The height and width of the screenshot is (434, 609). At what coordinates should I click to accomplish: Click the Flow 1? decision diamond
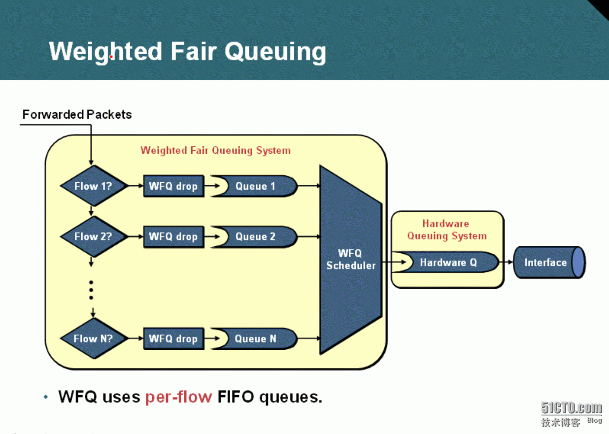tap(94, 186)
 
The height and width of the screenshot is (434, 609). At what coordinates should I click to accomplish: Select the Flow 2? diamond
tap(94, 236)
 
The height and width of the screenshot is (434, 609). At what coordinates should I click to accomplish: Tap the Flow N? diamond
tap(94, 338)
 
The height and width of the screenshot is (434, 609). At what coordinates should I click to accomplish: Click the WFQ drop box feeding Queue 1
tap(174, 186)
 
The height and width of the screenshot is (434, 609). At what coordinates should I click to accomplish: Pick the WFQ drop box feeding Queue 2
tap(174, 236)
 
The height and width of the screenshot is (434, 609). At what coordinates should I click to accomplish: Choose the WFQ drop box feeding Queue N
tap(174, 338)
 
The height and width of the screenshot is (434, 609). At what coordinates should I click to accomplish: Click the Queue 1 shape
tap(254, 186)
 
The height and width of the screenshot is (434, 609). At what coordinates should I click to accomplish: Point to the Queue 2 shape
tap(254, 236)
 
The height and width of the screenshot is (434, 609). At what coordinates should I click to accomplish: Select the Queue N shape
tap(254, 338)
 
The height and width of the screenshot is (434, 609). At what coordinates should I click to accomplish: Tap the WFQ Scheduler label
tap(351, 259)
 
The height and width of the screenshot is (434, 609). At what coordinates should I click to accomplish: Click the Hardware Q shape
tap(445, 262)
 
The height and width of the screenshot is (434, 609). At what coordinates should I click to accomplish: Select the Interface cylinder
tap(549, 263)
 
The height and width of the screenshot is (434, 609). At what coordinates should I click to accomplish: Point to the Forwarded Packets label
tap(77, 114)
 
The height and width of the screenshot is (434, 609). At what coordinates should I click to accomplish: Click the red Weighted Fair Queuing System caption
tap(216, 150)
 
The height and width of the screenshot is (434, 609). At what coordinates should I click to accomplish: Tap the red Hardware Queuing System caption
tap(447, 230)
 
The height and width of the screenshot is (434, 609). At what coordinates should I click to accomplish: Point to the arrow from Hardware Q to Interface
tap(506, 262)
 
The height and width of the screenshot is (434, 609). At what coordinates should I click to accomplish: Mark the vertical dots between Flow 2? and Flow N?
tap(91, 290)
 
